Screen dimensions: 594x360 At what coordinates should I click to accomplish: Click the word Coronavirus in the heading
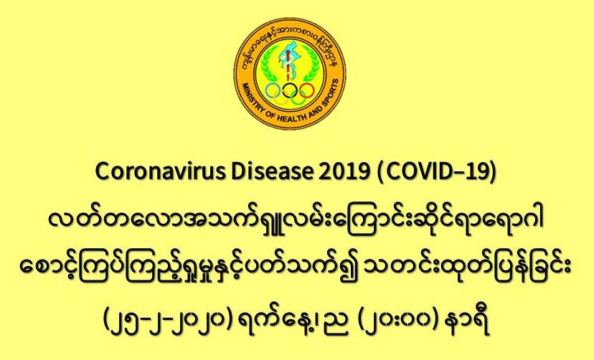160,172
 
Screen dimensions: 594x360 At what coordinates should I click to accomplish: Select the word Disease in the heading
272,172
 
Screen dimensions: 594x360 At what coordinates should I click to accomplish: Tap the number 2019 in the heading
344,172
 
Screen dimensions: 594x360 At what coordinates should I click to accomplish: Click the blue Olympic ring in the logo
273,90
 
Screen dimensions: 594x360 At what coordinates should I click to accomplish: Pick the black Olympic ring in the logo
290,90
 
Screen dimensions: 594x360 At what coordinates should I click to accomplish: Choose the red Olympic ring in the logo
307,90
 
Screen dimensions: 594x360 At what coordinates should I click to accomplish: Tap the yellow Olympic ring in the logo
281,98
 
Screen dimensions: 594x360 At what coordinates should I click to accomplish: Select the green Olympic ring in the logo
298,98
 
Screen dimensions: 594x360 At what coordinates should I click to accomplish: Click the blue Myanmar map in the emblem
288,57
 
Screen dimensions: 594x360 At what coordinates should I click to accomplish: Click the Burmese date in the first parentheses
167,322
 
